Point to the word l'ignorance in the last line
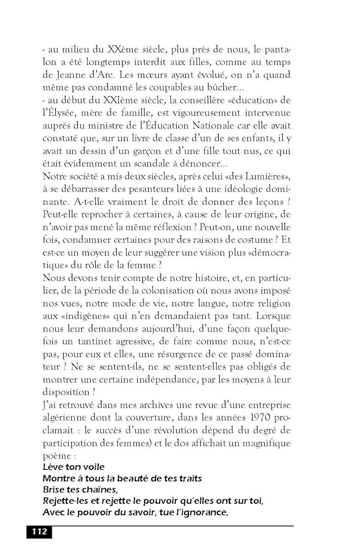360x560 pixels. (x=199, y=512)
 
